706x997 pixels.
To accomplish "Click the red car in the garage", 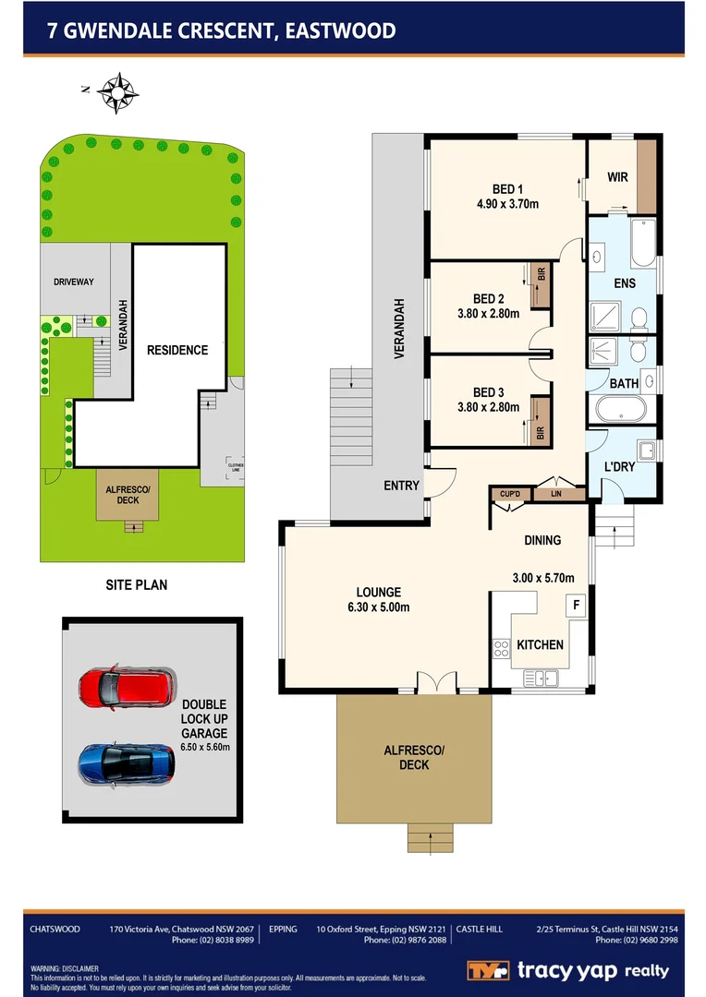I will click(x=127, y=687).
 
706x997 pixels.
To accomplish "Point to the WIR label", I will click(x=617, y=176).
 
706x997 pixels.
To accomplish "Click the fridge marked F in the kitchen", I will click(x=577, y=606).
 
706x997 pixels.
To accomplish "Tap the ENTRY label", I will click(x=402, y=486).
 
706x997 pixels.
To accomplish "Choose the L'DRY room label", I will click(x=619, y=467).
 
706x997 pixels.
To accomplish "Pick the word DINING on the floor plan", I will click(x=542, y=540).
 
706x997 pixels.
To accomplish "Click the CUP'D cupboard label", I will click(x=510, y=495).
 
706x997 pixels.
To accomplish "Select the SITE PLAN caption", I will click(x=136, y=584).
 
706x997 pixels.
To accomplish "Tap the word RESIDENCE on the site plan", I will click(x=177, y=350).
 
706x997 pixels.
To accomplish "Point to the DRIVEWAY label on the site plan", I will click(x=74, y=282).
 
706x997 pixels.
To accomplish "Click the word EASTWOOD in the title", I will click(x=341, y=30).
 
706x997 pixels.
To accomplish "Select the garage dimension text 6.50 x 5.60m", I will click(x=205, y=746).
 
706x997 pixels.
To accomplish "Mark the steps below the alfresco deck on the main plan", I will click(x=430, y=837).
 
